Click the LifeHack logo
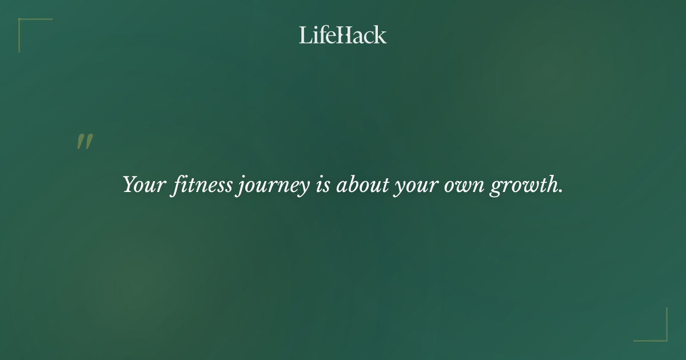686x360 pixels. [343, 35]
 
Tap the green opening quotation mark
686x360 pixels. [85, 142]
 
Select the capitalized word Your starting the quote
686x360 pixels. [143, 185]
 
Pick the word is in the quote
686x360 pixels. [322, 185]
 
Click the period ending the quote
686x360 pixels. [561, 191]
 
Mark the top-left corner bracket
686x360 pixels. [23, 23]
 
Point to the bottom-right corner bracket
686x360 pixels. [663, 337]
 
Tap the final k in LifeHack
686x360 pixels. [381, 35]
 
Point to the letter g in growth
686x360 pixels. [496, 187]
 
